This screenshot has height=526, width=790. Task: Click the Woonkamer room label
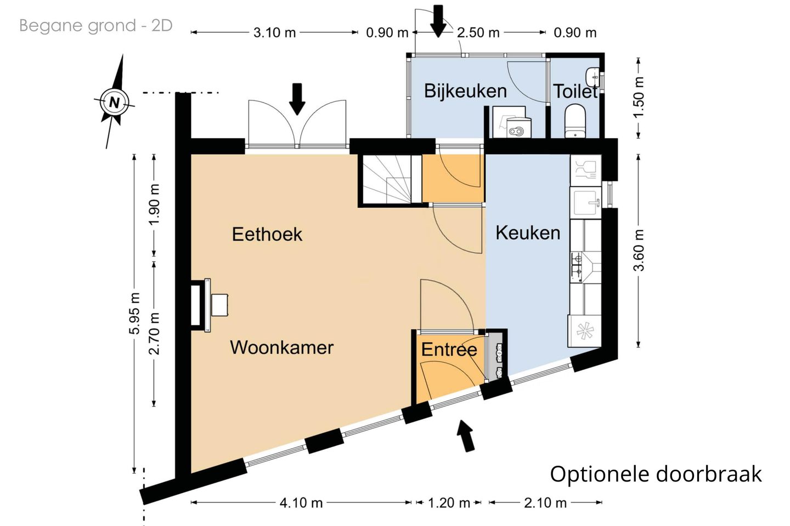[x=282, y=348]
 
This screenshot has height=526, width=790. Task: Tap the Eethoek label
[x=267, y=234]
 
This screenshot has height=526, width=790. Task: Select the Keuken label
[x=528, y=233]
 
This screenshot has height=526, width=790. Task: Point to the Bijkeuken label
[x=466, y=91]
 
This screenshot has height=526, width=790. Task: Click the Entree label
[x=449, y=349]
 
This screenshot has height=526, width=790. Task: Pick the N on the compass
[x=114, y=103]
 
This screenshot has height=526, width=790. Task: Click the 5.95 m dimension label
[x=134, y=313]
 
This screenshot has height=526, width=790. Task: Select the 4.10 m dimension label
[x=301, y=503]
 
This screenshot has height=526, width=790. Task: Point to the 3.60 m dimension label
[x=639, y=250]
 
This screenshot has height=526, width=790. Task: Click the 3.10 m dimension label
[x=274, y=33]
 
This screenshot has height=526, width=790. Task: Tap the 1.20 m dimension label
[x=449, y=503]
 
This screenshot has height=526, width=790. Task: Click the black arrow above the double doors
[x=297, y=99]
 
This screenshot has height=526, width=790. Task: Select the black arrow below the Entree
[x=466, y=435]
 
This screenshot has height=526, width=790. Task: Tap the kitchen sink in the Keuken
[x=585, y=202]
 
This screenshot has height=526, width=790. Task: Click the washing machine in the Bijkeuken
[x=509, y=122]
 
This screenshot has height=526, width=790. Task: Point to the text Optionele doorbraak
[x=656, y=474]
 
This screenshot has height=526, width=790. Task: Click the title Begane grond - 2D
[x=95, y=26]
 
